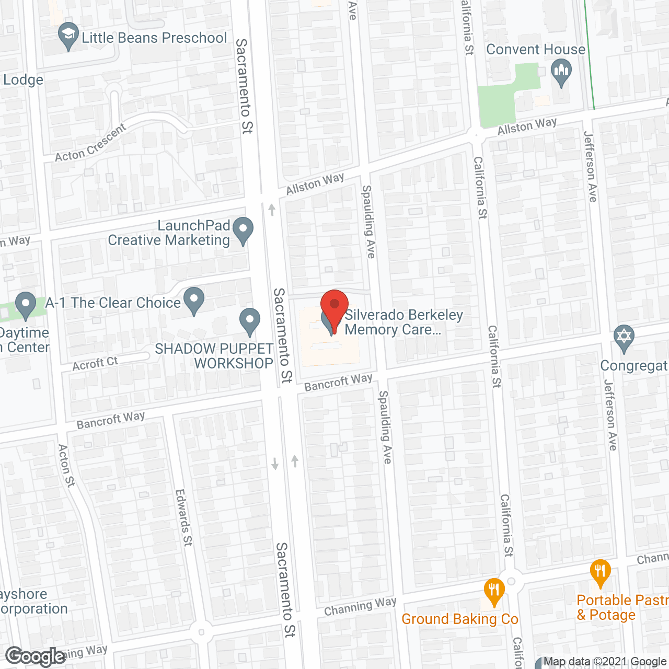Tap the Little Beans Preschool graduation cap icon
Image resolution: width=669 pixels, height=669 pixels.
68,36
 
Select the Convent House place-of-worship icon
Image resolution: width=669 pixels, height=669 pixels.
561,72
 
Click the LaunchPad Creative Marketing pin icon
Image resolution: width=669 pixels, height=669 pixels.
243,230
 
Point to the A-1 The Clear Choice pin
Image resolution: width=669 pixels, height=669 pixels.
194,301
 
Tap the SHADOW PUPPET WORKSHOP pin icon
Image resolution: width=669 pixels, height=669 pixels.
250,321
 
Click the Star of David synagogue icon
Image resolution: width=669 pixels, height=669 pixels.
624,337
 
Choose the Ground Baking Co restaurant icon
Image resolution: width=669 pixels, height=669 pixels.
494,591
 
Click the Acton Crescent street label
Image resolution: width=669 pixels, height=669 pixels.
90,143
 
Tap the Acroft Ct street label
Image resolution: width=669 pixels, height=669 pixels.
95,364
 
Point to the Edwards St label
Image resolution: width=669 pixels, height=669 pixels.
183,517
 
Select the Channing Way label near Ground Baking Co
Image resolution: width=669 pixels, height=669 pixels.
360,607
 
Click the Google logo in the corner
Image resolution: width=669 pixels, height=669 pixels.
36,656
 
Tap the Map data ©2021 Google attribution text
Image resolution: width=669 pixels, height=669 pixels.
605,662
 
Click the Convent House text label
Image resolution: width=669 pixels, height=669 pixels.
536,50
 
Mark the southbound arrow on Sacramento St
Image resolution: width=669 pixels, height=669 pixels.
275,463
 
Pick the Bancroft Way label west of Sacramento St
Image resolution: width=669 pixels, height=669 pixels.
110,420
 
